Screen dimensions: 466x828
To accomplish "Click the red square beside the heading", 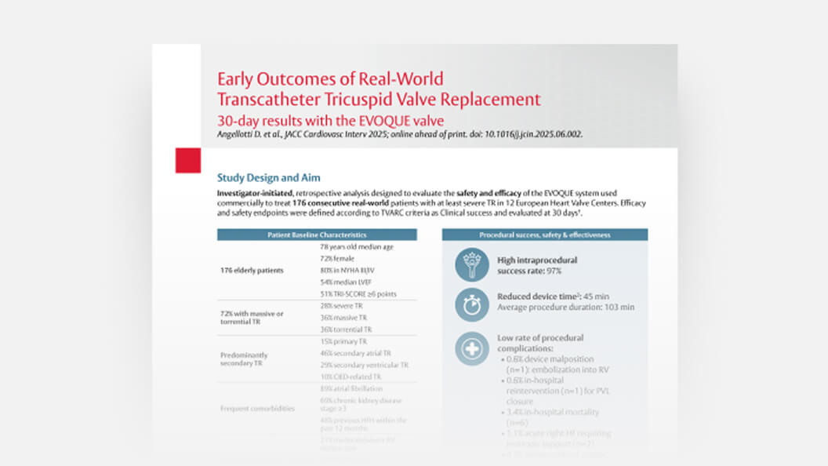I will click(188, 159).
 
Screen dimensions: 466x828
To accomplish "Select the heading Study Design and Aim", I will click(268, 178).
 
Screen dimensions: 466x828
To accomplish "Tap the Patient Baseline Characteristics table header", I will click(317, 235).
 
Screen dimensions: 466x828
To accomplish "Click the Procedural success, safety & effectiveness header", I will click(544, 235).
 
